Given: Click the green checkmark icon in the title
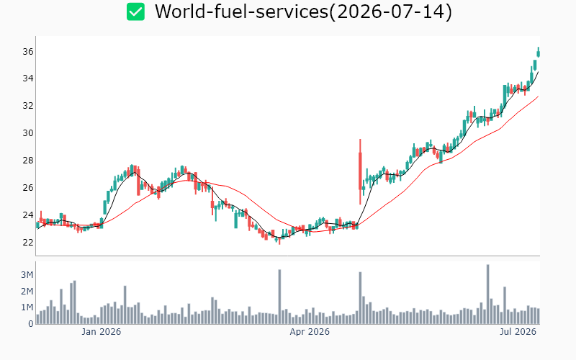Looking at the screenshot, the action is pyautogui.click(x=135, y=12).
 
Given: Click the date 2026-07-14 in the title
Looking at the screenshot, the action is pyautogui.click(x=390, y=12).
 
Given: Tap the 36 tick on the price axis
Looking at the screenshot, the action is pyautogui.click(x=28, y=51).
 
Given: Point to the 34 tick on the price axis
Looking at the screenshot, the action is pyautogui.click(x=28, y=78).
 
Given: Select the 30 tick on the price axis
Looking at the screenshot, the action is pyautogui.click(x=28, y=133).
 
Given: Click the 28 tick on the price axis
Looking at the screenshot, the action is pyautogui.click(x=28, y=160).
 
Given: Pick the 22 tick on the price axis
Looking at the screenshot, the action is pyautogui.click(x=28, y=242).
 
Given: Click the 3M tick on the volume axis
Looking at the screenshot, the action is pyautogui.click(x=27, y=275).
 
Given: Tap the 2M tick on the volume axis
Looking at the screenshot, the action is pyautogui.click(x=27, y=292).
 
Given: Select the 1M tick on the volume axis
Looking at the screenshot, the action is pyautogui.click(x=27, y=307).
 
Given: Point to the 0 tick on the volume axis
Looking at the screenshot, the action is pyautogui.click(x=31, y=323).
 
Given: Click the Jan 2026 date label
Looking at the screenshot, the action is pyautogui.click(x=101, y=332).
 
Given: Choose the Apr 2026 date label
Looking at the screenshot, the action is pyautogui.click(x=310, y=332).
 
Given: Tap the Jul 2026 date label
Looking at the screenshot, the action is pyautogui.click(x=518, y=332).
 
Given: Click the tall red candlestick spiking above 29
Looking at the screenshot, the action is pyautogui.click(x=361, y=171).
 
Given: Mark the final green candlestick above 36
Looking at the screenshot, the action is pyautogui.click(x=539, y=53).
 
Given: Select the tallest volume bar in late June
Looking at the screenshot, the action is pyautogui.click(x=488, y=294).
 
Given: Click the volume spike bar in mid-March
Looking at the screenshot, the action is pyautogui.click(x=279, y=297).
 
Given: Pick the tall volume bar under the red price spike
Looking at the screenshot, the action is pyautogui.click(x=361, y=298).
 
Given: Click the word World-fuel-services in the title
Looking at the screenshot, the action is pyautogui.click(x=241, y=12).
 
